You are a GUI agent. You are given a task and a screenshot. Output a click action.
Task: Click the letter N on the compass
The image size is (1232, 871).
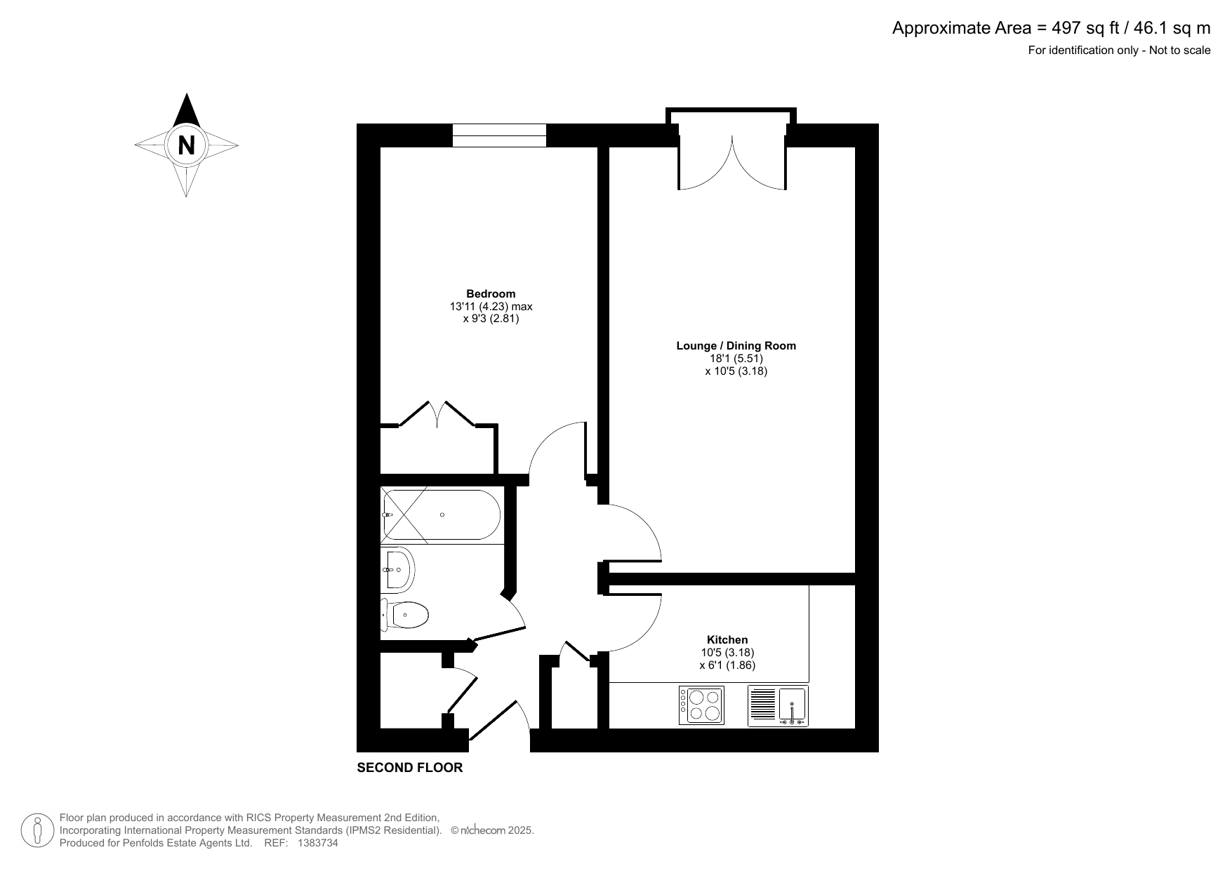(186, 146)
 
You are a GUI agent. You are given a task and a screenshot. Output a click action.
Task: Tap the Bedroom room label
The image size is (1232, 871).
(491, 294)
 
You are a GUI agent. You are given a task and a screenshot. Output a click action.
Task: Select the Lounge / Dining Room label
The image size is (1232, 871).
(736, 345)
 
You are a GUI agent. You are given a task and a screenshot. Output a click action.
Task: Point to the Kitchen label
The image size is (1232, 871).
(727, 639)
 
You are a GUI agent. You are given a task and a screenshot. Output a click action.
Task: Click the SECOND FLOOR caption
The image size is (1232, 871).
(410, 768)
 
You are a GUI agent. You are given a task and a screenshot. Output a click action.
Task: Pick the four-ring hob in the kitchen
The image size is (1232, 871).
(701, 705)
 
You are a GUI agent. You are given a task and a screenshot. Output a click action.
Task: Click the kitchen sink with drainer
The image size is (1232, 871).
(778, 705)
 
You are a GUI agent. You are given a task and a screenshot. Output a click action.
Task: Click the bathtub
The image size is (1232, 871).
(440, 515)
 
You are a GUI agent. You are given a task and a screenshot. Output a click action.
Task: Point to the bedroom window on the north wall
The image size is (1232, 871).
(499, 135)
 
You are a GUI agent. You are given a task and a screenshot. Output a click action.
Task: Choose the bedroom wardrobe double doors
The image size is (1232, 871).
(437, 415)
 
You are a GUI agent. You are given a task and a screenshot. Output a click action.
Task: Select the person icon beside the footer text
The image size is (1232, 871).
(38, 830)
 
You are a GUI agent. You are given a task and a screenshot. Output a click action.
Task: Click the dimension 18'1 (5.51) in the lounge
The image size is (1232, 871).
(736, 358)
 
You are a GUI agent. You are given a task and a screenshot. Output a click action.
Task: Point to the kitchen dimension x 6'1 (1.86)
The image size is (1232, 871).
(727, 665)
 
